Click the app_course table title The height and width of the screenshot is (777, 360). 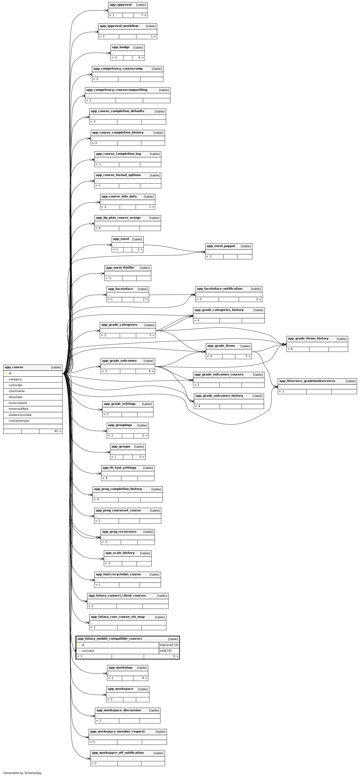[x=14, y=367]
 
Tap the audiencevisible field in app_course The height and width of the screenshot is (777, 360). [x=20, y=415]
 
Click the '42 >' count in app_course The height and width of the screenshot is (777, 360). [x=58, y=431]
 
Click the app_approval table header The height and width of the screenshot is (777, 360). [x=121, y=5]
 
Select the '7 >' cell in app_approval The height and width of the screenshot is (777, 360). [x=144, y=15]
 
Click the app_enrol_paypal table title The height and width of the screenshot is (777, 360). [x=221, y=246]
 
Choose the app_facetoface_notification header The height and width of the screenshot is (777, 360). [x=219, y=289]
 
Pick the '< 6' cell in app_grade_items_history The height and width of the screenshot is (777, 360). [x=290, y=349]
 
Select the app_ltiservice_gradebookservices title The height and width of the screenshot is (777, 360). [x=307, y=381]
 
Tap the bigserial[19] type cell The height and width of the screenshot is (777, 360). [x=169, y=645]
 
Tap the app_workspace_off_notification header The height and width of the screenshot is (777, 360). [x=118, y=753]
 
